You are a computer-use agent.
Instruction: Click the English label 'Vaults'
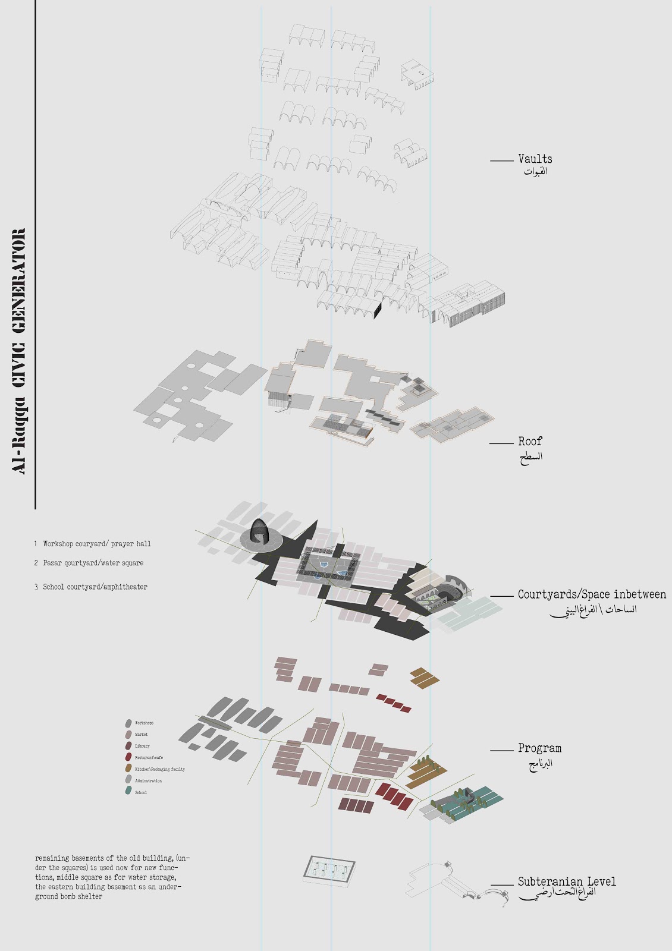pyautogui.click(x=535, y=159)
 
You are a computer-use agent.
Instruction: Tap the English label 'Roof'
pyautogui.click(x=530, y=441)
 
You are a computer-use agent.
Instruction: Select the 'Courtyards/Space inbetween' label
pyautogui.click(x=592, y=594)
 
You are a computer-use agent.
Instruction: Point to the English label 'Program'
pyautogui.click(x=539, y=748)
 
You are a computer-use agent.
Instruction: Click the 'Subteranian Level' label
pyautogui.click(x=567, y=881)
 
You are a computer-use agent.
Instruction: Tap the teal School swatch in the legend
pyautogui.click(x=128, y=792)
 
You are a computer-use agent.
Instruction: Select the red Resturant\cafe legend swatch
pyautogui.click(x=128, y=757)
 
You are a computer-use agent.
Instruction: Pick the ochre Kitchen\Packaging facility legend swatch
pyautogui.click(x=128, y=769)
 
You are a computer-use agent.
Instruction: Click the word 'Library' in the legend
pyautogui.click(x=143, y=746)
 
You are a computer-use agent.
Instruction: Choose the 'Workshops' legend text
pyautogui.click(x=144, y=723)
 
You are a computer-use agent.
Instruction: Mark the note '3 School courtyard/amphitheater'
pyautogui.click(x=90, y=587)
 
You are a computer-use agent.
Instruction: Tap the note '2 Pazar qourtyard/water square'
pyautogui.click(x=89, y=563)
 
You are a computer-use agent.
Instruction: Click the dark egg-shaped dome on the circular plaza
pyautogui.click(x=259, y=530)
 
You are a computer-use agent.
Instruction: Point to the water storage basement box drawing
pyautogui.click(x=329, y=871)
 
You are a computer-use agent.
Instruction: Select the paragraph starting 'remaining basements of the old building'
pyautogui.click(x=112, y=877)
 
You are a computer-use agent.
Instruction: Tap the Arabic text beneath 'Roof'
pyautogui.click(x=531, y=457)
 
